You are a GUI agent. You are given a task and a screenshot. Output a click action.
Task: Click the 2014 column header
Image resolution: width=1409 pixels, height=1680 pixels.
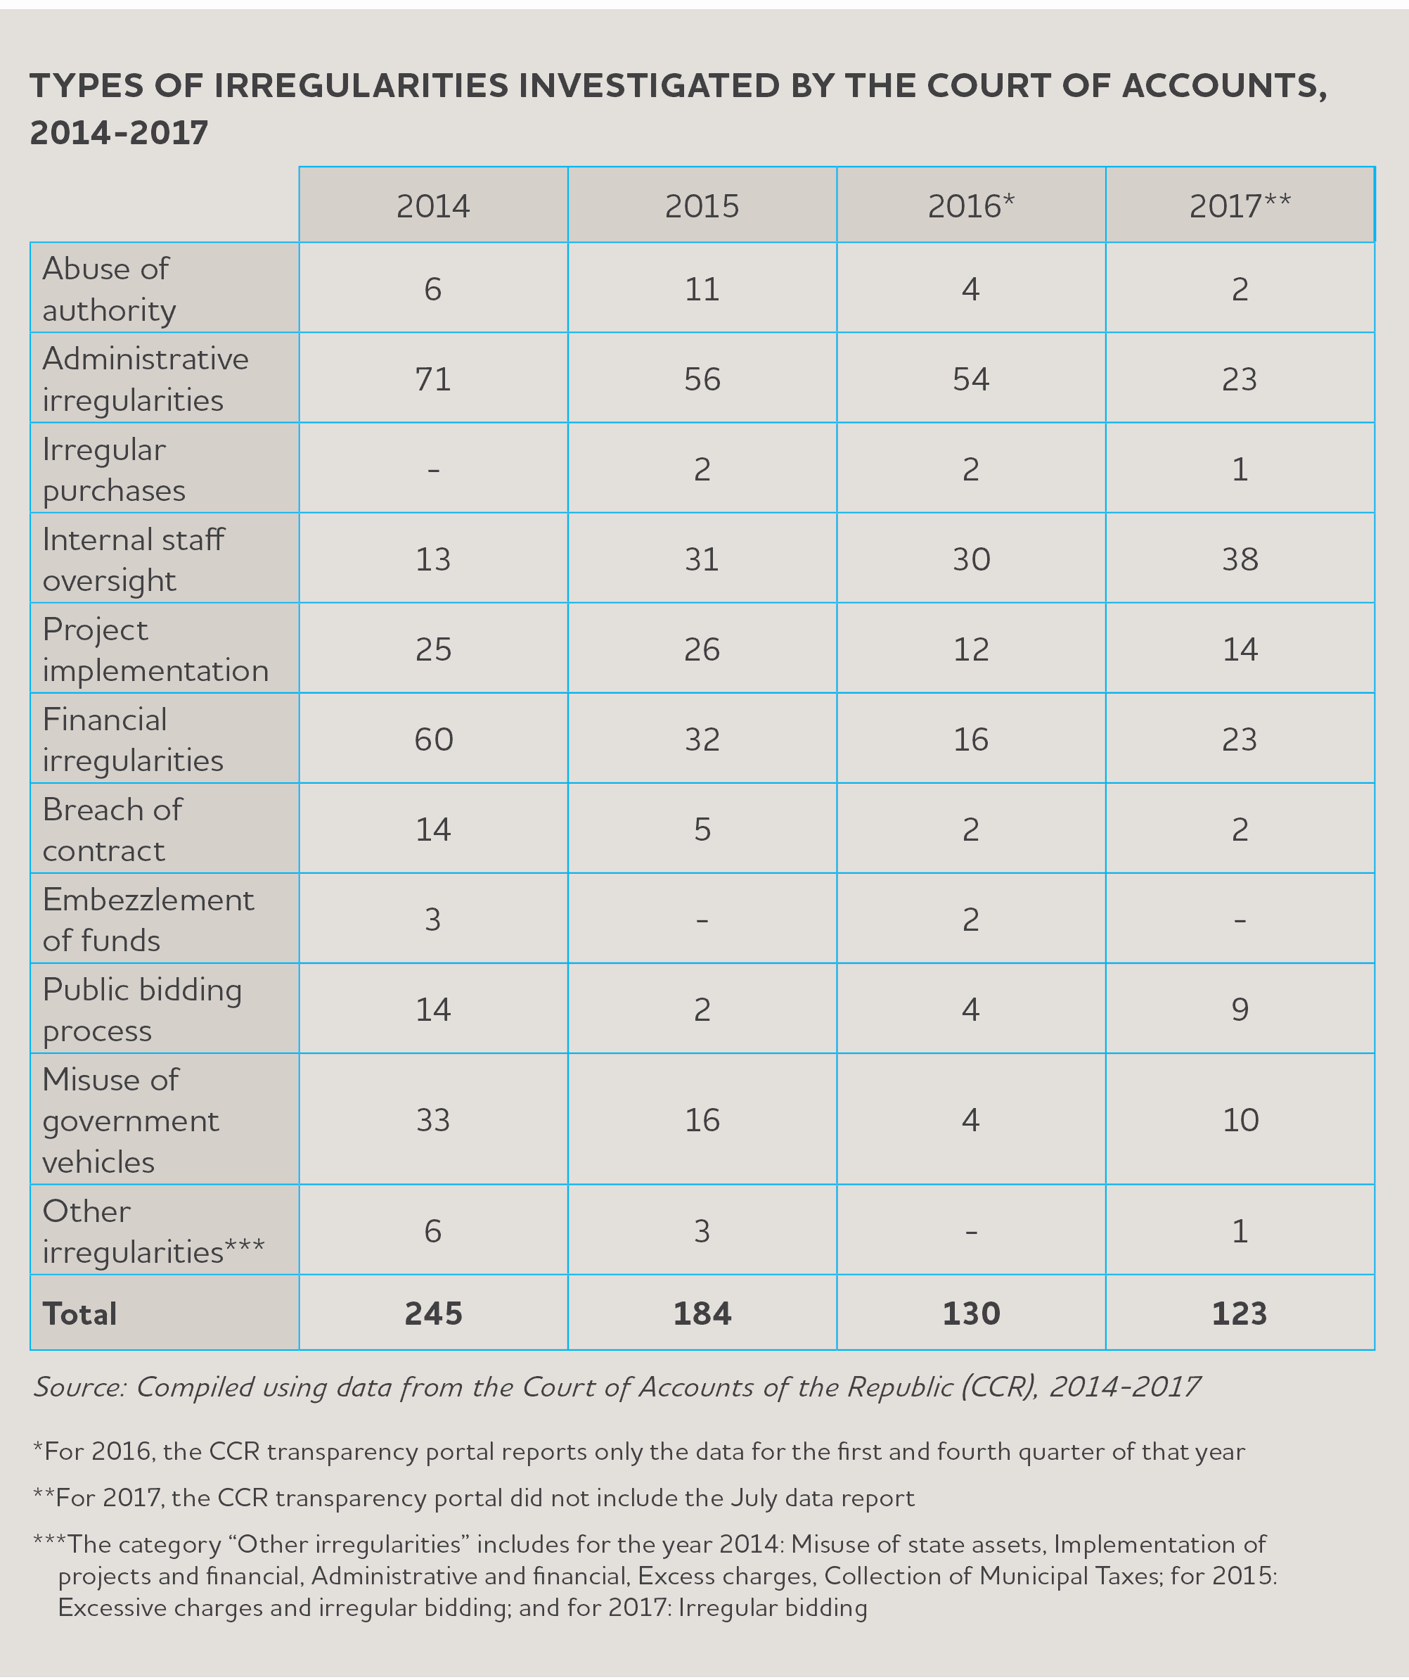433,206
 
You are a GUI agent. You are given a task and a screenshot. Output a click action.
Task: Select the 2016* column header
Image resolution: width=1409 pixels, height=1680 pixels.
971,206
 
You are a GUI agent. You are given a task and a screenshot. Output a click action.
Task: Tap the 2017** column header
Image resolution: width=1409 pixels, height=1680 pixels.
1240,206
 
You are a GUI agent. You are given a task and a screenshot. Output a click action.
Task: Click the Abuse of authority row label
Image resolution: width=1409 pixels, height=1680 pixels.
110,289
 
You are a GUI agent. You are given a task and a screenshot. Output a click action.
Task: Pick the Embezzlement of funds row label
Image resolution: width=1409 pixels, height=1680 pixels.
148,919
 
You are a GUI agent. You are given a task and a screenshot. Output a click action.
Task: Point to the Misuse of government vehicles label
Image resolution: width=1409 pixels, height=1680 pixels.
130,1120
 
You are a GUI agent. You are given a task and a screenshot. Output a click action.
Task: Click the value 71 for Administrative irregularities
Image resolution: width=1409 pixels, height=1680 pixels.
433,378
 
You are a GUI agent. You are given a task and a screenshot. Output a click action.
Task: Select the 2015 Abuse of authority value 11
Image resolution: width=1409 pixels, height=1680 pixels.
702,289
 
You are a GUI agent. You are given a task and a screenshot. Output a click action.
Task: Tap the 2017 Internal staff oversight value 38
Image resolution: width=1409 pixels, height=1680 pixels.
1240,559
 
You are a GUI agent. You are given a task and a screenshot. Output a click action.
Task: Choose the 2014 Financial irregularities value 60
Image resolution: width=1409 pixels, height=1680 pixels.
433,739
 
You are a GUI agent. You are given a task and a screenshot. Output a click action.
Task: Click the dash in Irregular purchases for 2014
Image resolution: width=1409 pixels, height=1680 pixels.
433,470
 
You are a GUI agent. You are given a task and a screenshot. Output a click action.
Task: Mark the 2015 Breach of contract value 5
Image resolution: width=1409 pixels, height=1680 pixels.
702,829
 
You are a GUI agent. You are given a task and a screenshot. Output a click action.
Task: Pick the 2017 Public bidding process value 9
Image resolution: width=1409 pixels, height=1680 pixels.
1240,1009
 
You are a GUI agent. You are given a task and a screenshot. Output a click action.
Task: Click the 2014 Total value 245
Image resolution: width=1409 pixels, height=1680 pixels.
433,1313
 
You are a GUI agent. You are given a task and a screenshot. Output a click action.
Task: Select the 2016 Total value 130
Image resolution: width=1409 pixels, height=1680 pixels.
971,1313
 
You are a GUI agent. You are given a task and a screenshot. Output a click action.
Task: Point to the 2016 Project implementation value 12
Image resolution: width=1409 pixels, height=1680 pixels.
971,649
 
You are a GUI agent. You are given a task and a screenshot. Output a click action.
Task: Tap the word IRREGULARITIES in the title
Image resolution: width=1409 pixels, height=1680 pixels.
361,86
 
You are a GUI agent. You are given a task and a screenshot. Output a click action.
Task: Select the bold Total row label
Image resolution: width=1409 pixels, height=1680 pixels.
79,1313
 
